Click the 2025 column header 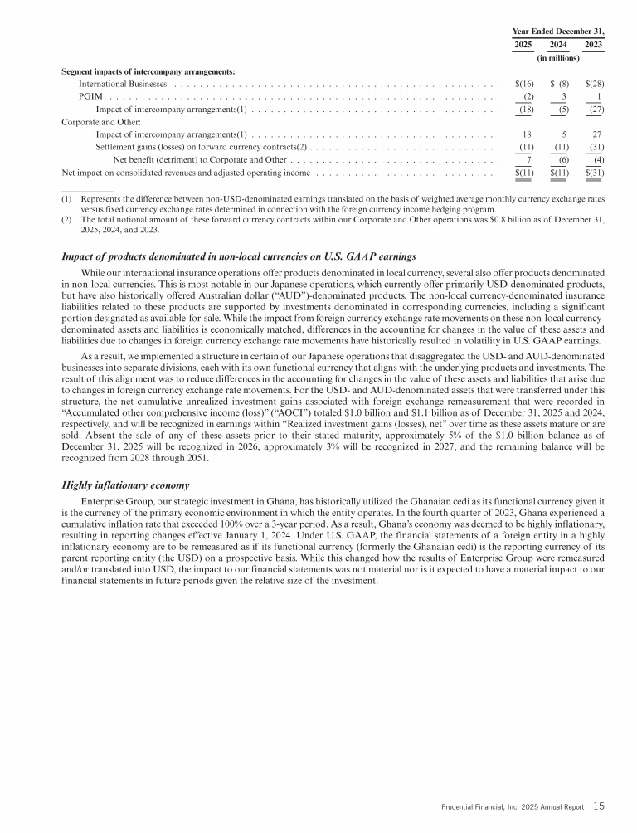523,44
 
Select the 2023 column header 594,44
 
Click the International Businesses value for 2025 524,84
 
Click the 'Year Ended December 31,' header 557,30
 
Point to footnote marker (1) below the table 67,199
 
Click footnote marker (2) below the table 67,219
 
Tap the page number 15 599,806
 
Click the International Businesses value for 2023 594,84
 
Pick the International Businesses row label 123,84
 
